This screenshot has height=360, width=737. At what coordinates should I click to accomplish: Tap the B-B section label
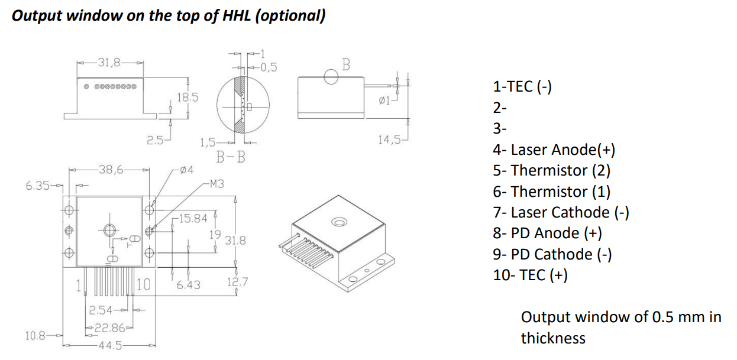[x=231, y=157]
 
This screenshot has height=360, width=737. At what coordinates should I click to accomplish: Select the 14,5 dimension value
[x=389, y=140]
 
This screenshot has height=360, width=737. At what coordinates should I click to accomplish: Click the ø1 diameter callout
[x=384, y=101]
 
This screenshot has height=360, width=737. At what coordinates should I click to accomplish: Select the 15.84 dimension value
[x=193, y=219]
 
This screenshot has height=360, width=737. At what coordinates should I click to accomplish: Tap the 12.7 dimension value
[x=237, y=282]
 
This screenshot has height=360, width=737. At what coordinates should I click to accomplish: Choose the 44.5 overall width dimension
[x=109, y=345]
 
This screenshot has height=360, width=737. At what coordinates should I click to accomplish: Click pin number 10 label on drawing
[x=144, y=285]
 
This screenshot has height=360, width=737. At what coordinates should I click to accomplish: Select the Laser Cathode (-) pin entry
[x=561, y=212]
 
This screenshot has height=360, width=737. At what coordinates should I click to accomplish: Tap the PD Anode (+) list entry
[x=547, y=233]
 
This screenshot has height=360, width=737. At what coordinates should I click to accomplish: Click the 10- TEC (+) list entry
[x=530, y=275]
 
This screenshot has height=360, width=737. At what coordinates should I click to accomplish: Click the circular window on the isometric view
[x=339, y=222]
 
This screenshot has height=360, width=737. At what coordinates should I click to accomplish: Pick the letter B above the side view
[x=347, y=64]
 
